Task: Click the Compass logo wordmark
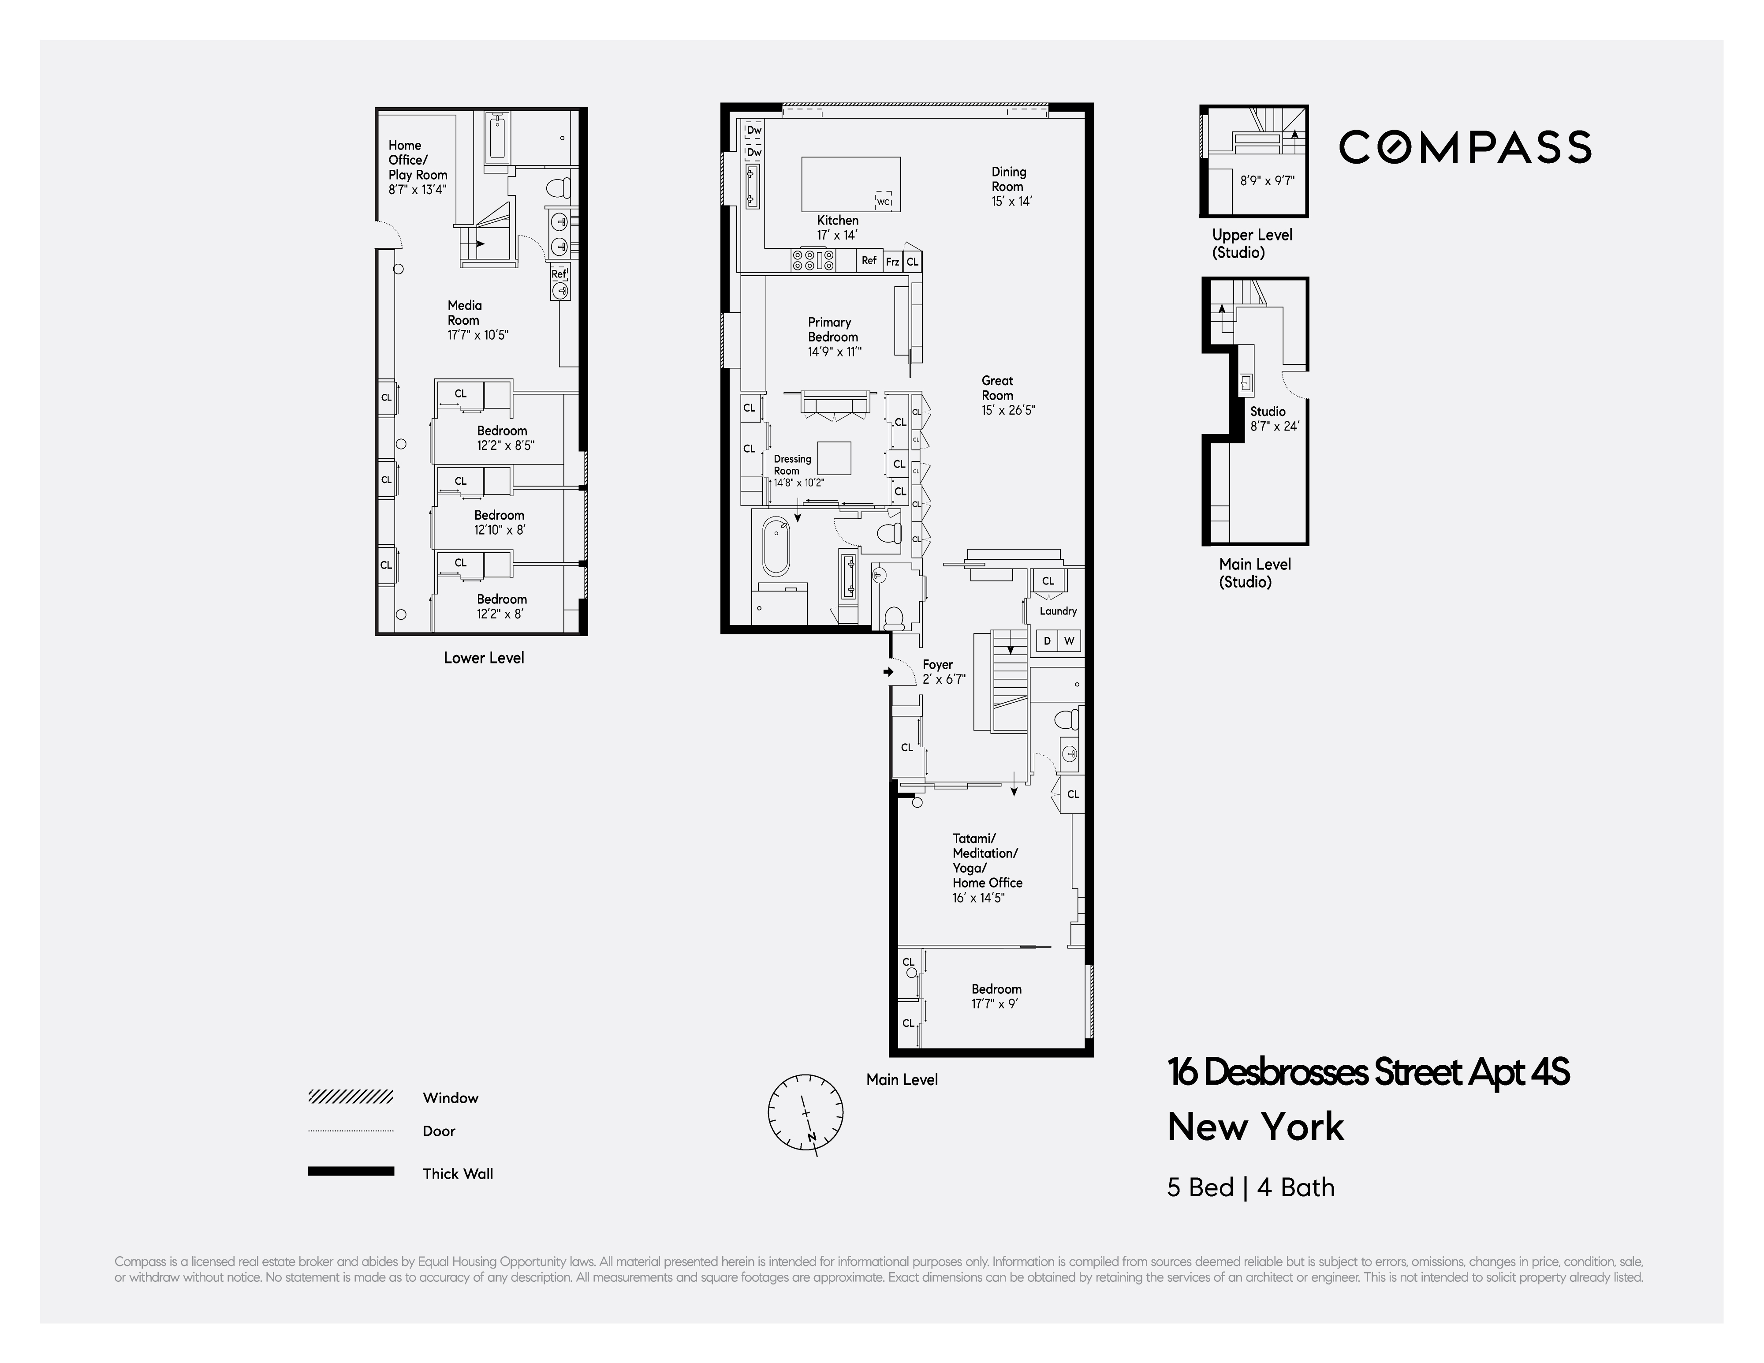(1464, 147)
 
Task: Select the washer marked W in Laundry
(1070, 641)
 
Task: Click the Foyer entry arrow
(888, 671)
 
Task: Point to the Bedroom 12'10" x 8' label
(499, 522)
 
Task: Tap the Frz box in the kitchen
(891, 262)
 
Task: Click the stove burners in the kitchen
(813, 260)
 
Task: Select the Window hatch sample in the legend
(351, 1097)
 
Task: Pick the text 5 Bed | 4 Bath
(1250, 1187)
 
